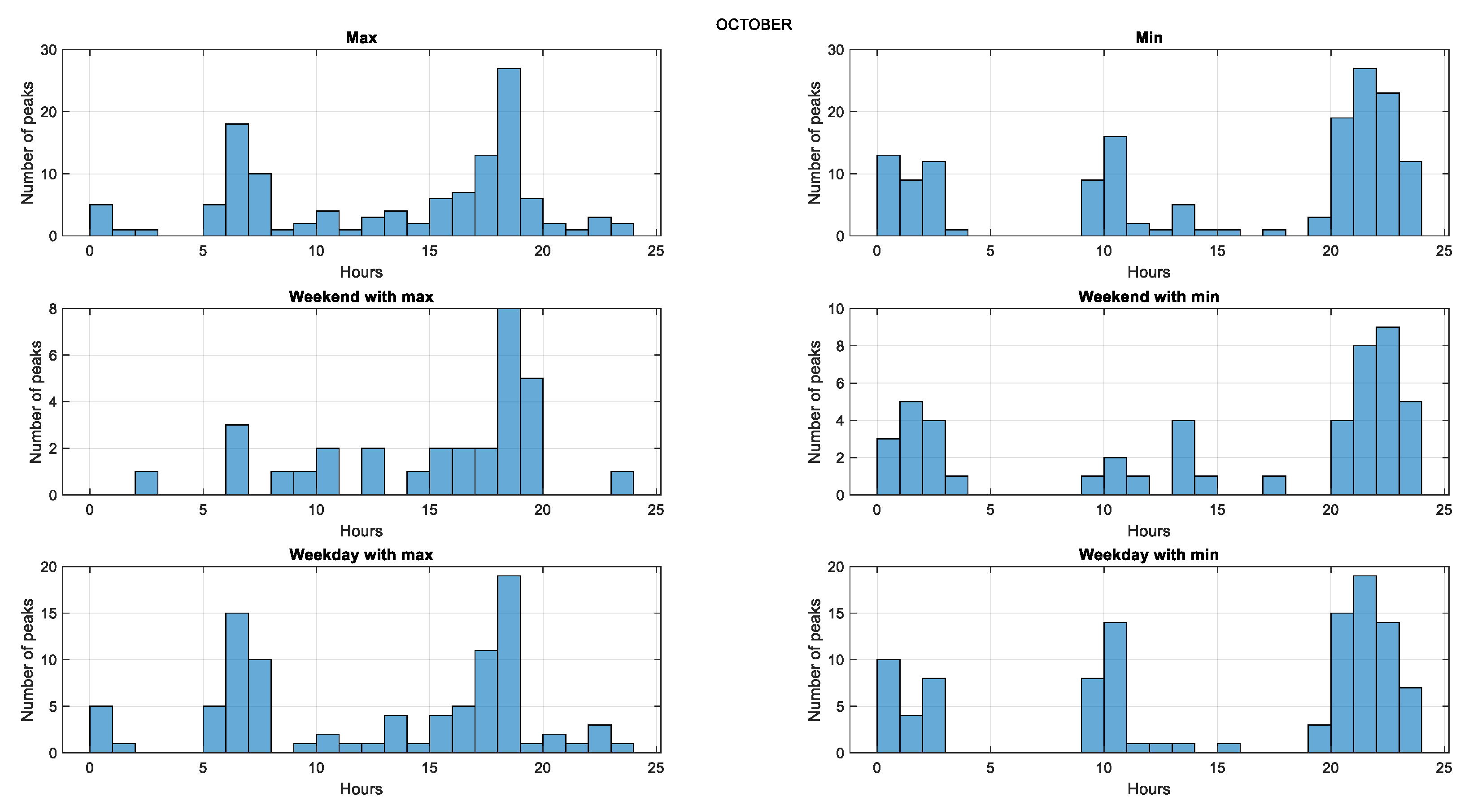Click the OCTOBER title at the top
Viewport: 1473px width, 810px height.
753,25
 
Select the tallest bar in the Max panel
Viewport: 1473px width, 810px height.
508,152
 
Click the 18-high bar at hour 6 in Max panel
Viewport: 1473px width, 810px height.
237,179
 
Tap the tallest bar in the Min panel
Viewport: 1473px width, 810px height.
1364,152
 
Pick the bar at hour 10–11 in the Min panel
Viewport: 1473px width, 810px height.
1115,186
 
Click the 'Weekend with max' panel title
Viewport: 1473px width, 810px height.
361,296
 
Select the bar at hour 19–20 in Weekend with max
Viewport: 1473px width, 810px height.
531,437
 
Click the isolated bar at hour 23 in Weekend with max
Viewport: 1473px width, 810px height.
622,483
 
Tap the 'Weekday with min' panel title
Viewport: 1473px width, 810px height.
1148,554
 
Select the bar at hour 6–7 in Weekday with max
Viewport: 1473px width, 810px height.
237,683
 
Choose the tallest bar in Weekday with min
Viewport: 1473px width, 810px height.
1364,664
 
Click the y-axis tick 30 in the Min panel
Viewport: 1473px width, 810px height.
836,50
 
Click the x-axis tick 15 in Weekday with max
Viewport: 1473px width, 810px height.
429,768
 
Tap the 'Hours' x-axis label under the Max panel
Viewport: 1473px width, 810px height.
361,272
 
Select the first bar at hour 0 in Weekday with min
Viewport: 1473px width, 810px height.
888,706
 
